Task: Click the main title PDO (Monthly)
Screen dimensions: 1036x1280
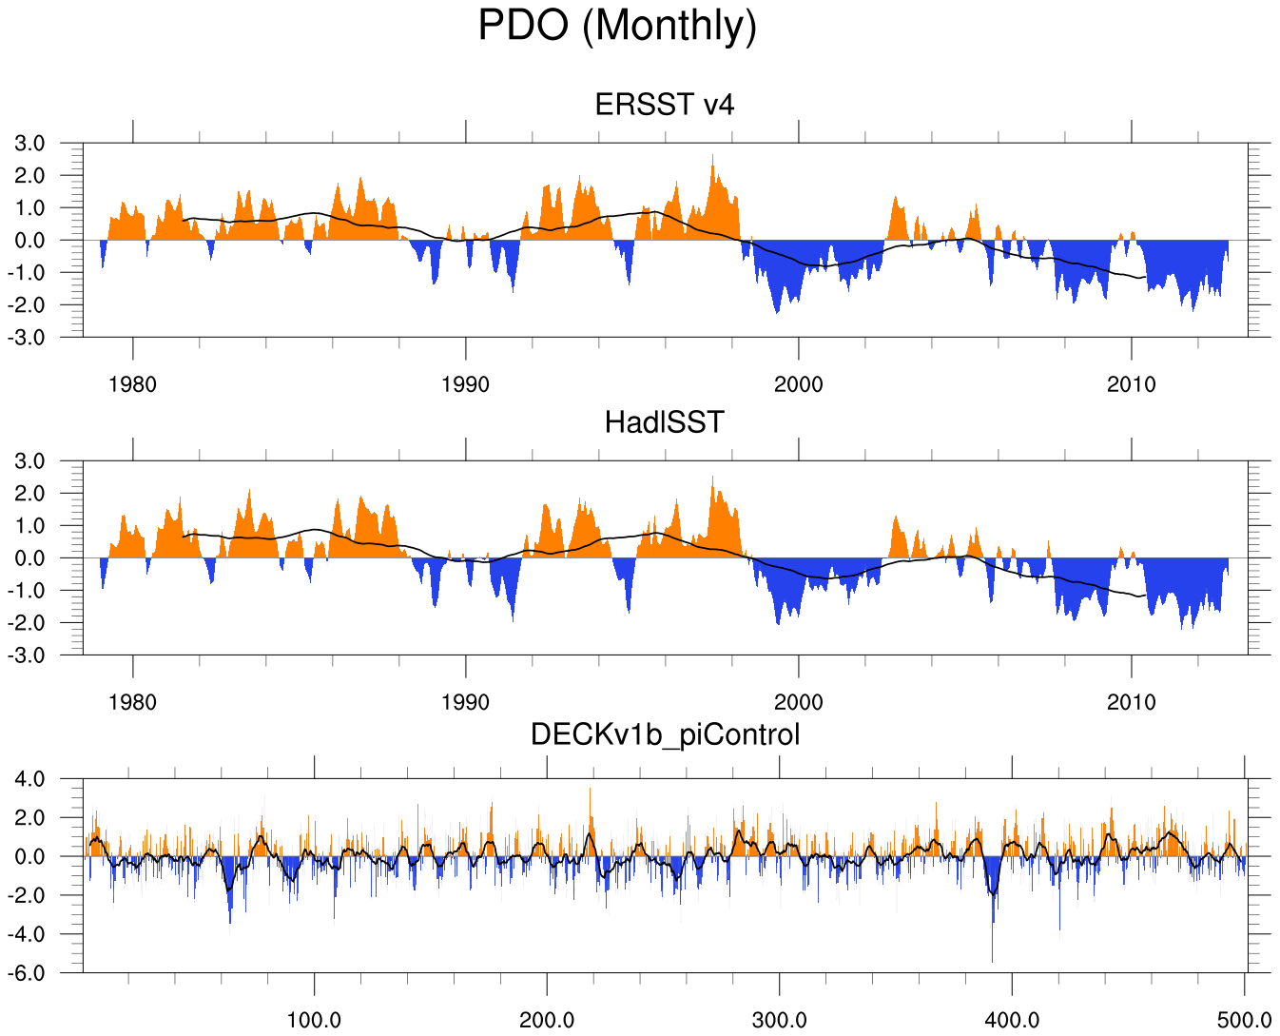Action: coord(617,26)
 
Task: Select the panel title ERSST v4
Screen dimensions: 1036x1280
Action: coord(664,105)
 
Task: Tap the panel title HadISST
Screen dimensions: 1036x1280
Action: coord(664,421)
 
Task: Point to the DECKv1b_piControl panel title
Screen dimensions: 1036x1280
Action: coord(665,734)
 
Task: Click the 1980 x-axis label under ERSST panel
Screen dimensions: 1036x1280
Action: coord(132,385)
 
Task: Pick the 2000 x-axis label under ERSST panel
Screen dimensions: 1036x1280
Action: coord(798,385)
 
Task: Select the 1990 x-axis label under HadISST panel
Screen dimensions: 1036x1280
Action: coord(465,703)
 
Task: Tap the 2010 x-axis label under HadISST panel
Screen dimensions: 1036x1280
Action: coord(1131,703)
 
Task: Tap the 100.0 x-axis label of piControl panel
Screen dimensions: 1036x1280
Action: coord(314,1021)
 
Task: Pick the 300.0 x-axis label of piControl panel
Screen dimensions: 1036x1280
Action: coord(779,1021)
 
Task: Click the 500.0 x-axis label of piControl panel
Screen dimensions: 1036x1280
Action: coord(1244,1021)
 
